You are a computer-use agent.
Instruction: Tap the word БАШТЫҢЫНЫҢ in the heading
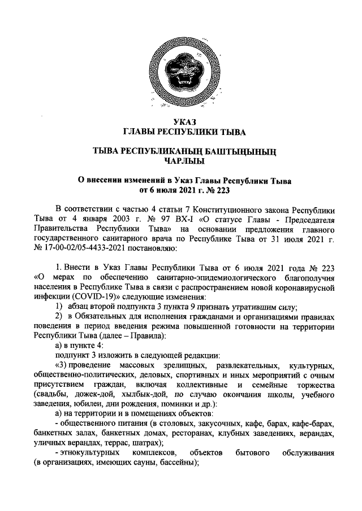[x=245, y=151]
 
